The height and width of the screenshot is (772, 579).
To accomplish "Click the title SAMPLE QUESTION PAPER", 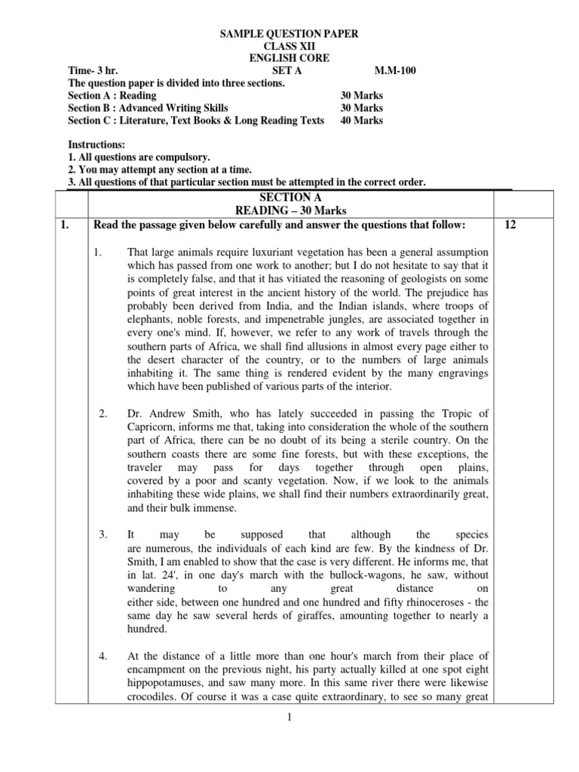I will (x=289, y=34).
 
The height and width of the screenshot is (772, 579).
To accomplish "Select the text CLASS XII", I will (x=289, y=47).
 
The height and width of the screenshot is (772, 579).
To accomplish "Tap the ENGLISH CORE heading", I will (x=289, y=59).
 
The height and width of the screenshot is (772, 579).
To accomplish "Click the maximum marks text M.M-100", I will (x=395, y=71).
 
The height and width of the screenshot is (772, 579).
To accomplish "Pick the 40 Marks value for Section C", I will (x=362, y=121).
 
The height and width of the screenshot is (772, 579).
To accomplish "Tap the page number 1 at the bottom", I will (x=288, y=717).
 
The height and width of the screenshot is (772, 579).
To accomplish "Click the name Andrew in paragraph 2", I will (x=164, y=413).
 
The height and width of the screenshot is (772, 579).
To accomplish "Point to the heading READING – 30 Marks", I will (x=289, y=210).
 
